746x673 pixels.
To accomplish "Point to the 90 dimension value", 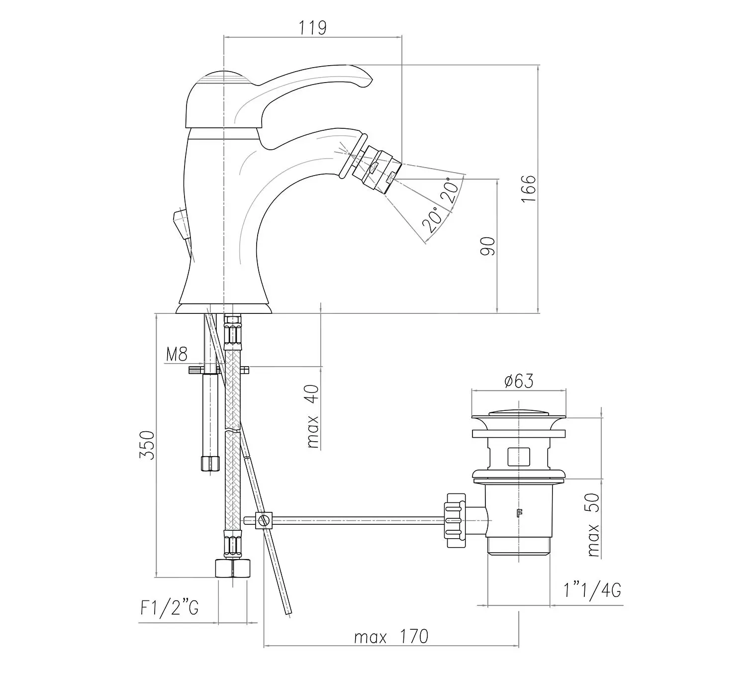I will coord(488,246).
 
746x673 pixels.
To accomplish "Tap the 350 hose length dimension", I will coord(147,445).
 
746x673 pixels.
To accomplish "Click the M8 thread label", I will coord(177,354).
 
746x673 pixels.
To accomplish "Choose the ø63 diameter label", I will coord(518,381).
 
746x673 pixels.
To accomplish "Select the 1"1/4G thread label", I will coord(592,590).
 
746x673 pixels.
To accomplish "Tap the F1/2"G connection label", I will coord(170,608).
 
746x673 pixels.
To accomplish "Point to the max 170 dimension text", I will coord(391,637).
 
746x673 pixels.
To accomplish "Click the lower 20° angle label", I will coord(433,219).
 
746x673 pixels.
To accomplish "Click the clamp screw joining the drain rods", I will coord(264,521).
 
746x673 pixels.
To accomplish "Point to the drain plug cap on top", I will coord(518,413).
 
